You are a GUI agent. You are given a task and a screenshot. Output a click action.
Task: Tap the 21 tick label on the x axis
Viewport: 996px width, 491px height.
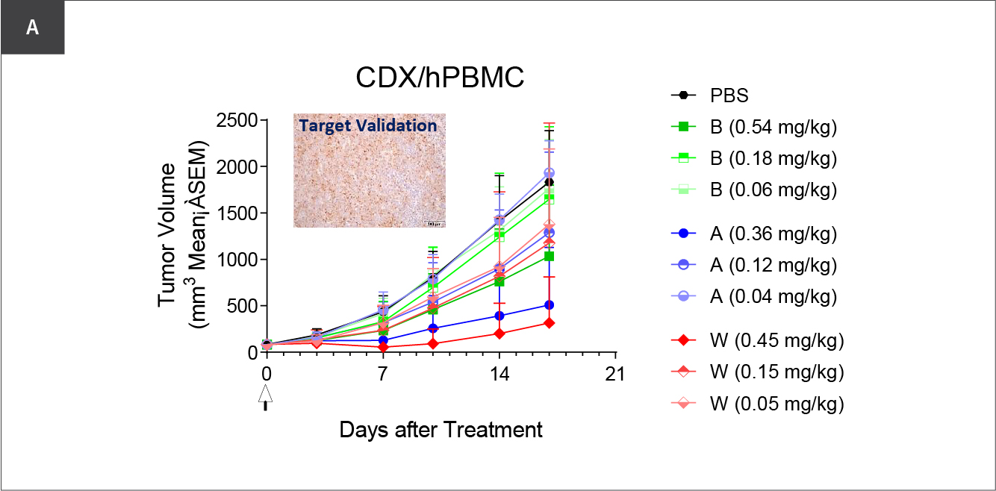click(615, 375)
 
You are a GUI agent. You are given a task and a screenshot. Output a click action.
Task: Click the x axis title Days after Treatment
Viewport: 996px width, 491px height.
click(441, 430)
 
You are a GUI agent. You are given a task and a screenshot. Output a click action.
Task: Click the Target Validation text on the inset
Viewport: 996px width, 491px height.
click(368, 125)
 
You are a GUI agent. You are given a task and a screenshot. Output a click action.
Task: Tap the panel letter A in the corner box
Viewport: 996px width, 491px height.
click(32, 28)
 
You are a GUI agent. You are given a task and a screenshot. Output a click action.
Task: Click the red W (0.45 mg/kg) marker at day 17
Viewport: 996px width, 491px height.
click(550, 323)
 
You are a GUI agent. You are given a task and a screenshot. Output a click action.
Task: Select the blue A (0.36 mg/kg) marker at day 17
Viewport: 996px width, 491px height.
click(550, 305)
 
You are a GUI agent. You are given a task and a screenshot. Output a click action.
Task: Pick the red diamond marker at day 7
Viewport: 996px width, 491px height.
click(383, 347)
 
